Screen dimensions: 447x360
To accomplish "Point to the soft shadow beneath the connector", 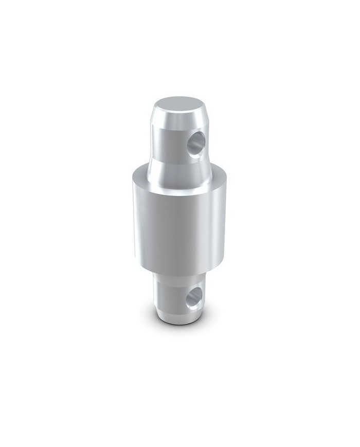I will click(180, 337).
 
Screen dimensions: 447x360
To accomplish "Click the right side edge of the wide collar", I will click(227, 216).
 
